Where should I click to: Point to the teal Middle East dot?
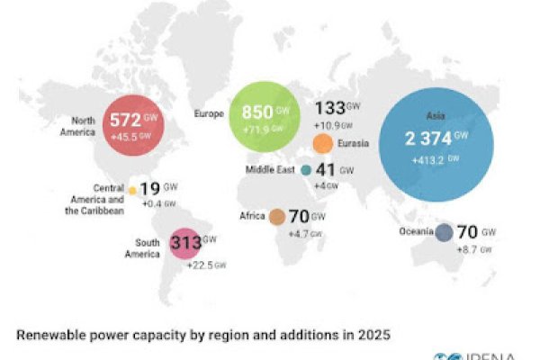click(x=306, y=169)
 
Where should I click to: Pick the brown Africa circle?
click(x=276, y=216)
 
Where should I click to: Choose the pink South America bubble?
click(x=185, y=244)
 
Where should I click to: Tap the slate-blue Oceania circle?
click(x=444, y=233)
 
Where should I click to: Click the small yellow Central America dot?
click(x=132, y=191)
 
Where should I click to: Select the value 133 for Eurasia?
click(x=329, y=110)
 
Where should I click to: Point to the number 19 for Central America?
click(x=150, y=190)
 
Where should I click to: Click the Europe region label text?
click(x=210, y=114)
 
